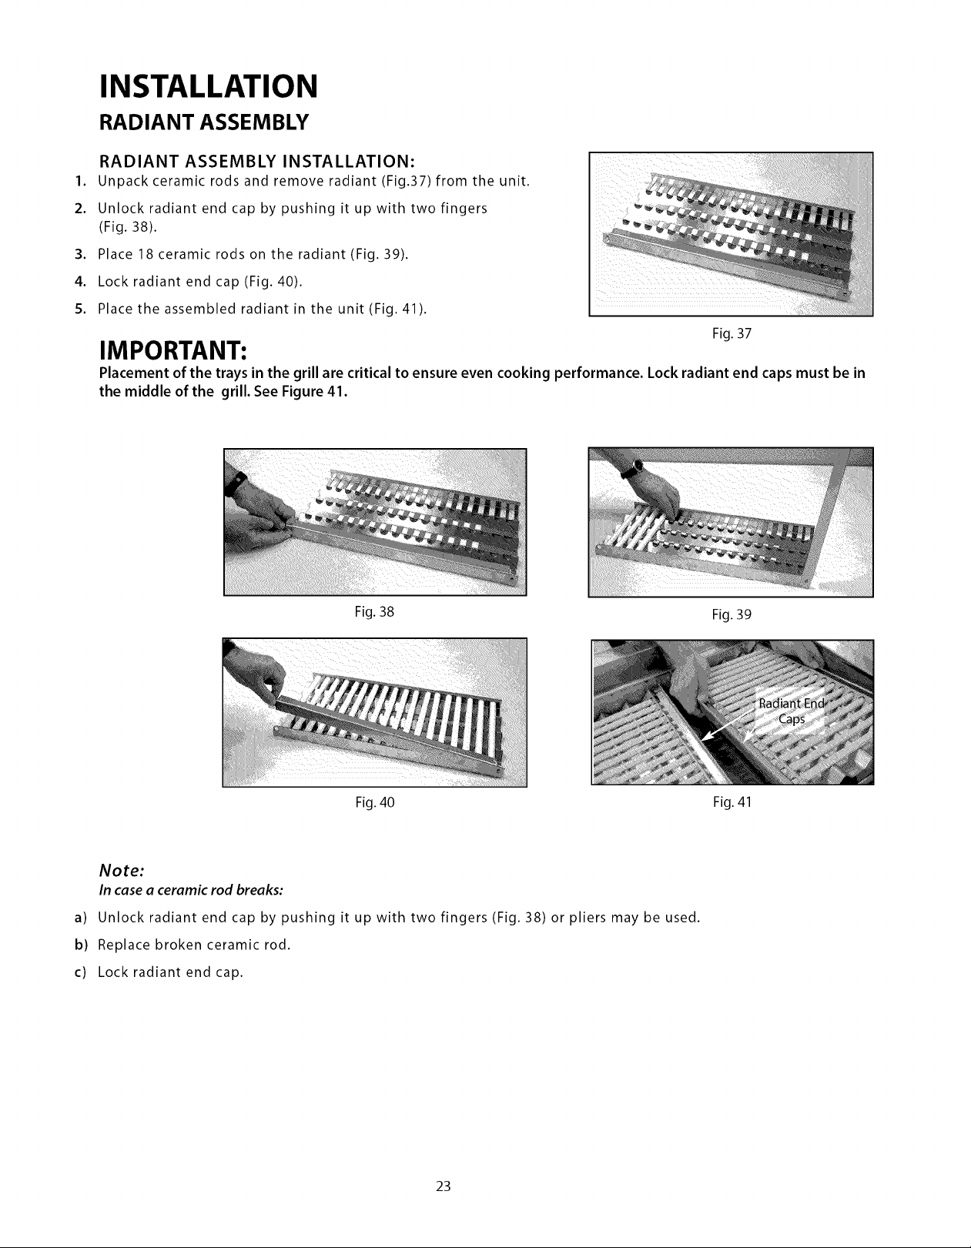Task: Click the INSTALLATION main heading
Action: click(208, 87)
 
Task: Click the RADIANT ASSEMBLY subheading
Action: click(204, 122)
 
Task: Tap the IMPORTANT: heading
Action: click(172, 350)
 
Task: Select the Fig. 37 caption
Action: click(732, 333)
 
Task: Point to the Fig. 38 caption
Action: click(374, 611)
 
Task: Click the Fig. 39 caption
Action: click(732, 614)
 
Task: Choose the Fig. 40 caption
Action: click(375, 802)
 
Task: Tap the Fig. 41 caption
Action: click(732, 801)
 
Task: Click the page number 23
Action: click(444, 1186)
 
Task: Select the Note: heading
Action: click(121, 871)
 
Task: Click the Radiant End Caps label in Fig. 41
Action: click(792, 711)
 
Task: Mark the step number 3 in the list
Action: click(80, 254)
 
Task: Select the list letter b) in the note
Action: click(80, 945)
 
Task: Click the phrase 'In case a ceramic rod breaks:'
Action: click(191, 890)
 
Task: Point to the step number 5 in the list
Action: click(80, 309)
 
